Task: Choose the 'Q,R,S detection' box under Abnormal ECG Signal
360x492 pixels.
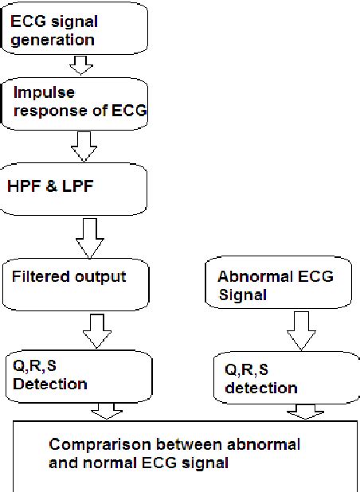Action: point(276,379)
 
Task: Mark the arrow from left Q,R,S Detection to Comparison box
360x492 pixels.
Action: point(106,411)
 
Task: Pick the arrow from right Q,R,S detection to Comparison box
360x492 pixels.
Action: point(303,412)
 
